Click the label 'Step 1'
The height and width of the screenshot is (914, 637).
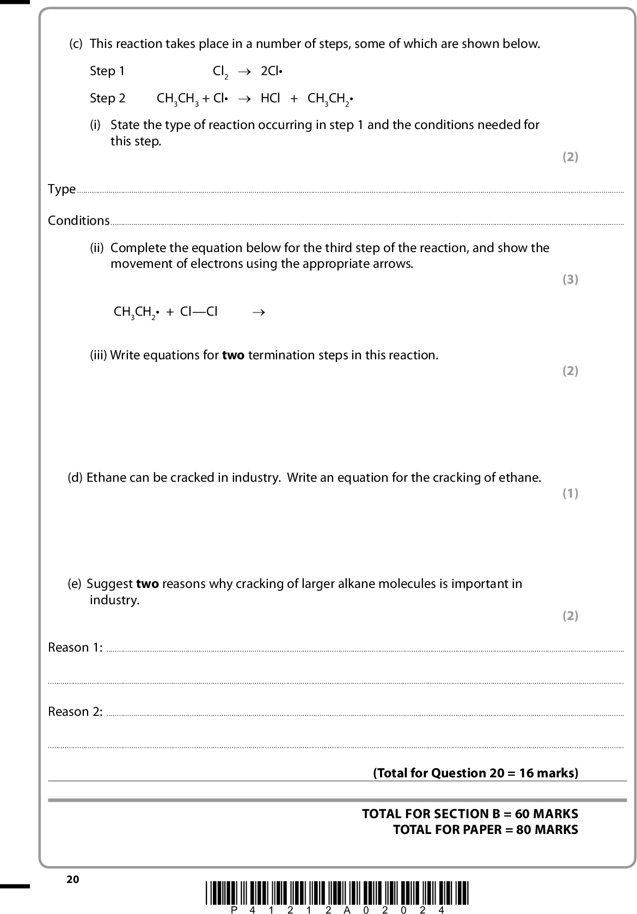pos(107,71)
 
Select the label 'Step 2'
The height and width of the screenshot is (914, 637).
pos(107,98)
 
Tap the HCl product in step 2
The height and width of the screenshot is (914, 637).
pos(270,98)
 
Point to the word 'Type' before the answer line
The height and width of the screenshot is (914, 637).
pos(62,189)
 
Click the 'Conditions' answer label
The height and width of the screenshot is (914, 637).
pos(79,220)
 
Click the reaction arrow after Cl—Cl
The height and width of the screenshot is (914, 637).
pos(259,312)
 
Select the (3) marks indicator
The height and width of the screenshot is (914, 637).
pos(569,279)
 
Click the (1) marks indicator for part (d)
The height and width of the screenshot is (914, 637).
pos(569,493)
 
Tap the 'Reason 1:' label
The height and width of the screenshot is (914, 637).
pos(75,647)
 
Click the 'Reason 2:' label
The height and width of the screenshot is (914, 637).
pos(75,711)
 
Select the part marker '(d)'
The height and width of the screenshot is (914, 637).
pos(75,478)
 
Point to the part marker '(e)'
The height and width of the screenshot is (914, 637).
pos(75,584)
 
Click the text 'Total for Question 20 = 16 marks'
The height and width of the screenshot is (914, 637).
pos(475,773)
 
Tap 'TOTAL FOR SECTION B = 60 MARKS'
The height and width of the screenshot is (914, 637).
pos(470,814)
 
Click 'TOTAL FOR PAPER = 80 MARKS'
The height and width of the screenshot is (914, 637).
pos(485,830)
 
